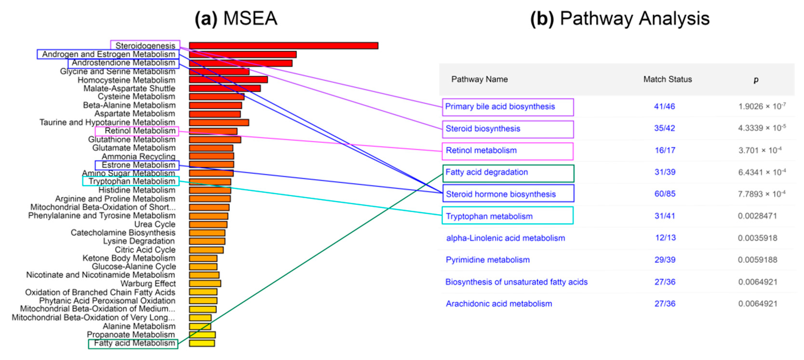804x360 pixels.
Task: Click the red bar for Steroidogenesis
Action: [283, 46]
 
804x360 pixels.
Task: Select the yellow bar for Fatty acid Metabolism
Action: [202, 343]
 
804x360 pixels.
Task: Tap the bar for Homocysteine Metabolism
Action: [228, 80]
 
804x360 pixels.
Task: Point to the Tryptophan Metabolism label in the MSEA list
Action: [132, 181]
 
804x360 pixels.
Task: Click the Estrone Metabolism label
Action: [138, 165]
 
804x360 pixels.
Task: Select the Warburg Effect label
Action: [148, 284]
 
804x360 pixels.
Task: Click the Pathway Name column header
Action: [479, 79]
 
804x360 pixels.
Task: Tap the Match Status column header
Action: [667, 79]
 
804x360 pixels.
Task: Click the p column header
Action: [756, 80]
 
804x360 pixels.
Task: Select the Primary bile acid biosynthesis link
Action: [500, 107]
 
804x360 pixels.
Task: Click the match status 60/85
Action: [665, 194]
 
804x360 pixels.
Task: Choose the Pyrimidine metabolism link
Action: [488, 260]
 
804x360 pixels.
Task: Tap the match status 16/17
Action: [665, 150]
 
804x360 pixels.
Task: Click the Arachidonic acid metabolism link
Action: [499, 304]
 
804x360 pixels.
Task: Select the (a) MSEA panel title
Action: [236, 18]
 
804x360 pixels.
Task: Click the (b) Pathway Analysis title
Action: [620, 18]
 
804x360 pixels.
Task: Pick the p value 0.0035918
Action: [757, 238]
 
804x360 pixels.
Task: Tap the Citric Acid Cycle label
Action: [145, 250]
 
